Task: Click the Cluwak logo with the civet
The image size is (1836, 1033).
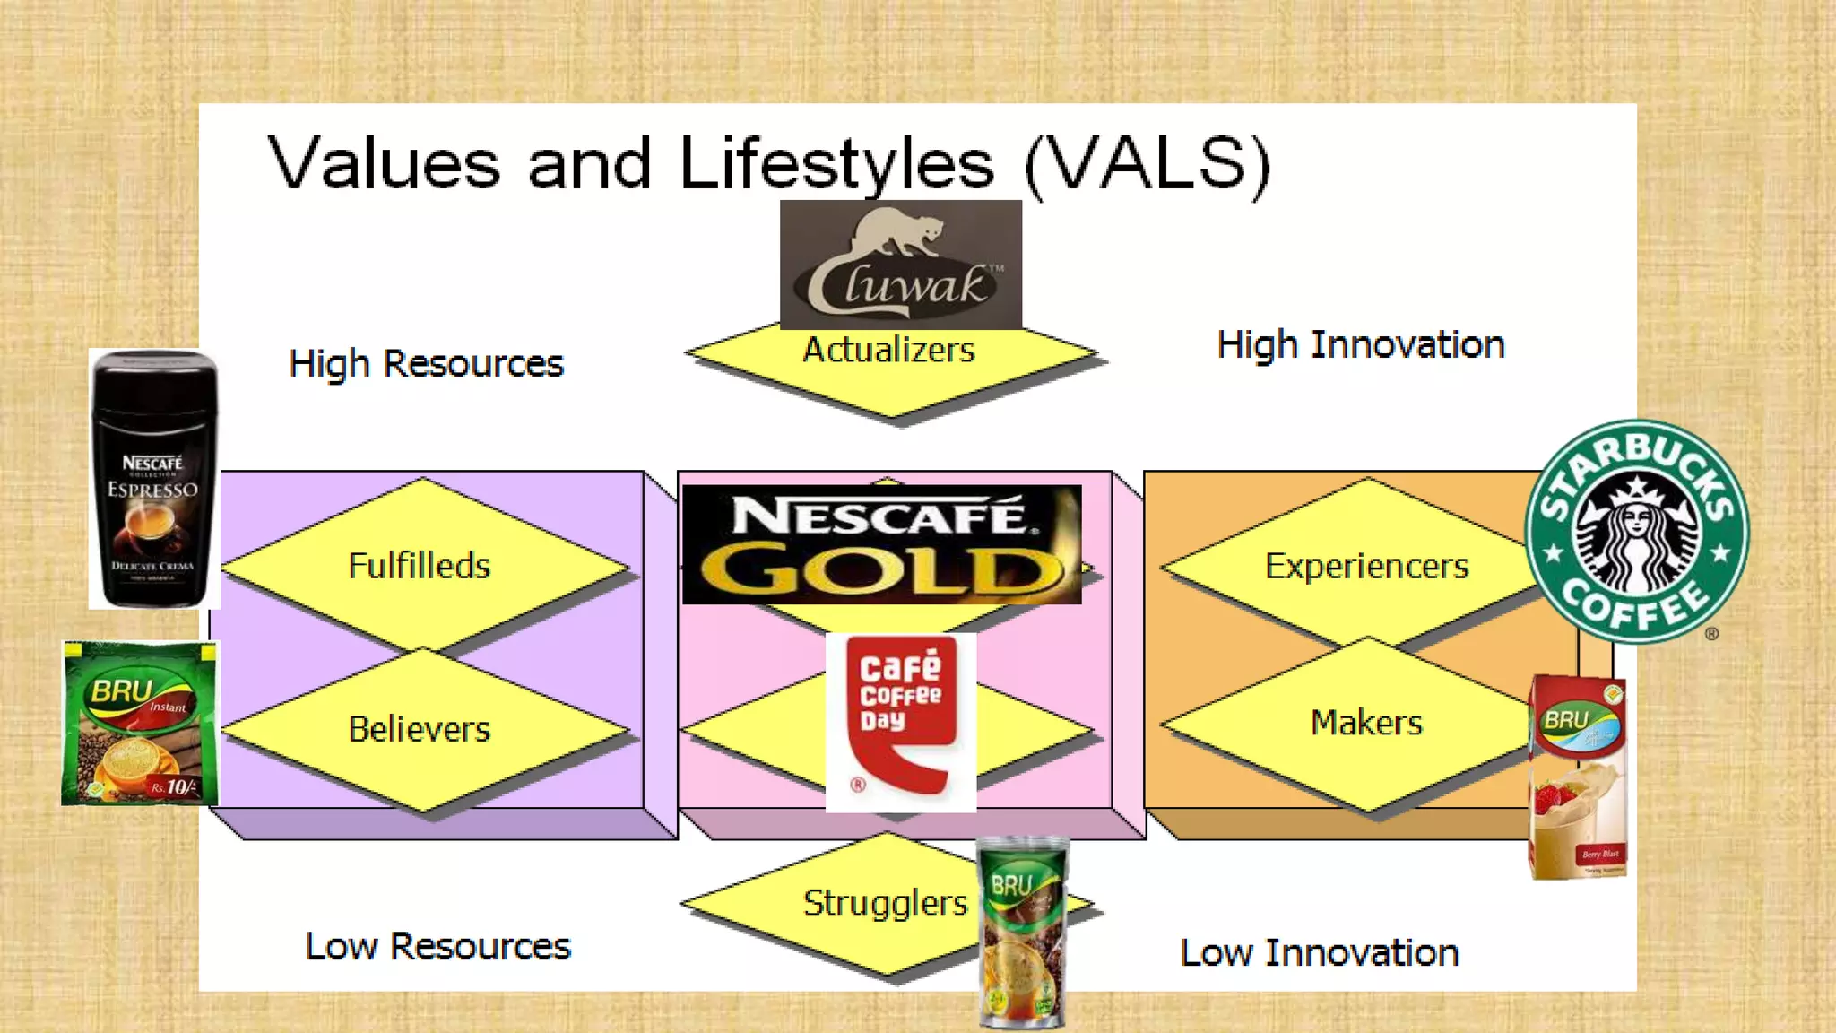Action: click(900, 265)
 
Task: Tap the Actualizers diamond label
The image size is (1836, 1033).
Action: click(888, 351)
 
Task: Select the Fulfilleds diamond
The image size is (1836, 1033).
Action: click(419, 566)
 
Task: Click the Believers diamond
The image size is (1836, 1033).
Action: click(419, 729)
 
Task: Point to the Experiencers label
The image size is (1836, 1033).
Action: click(1366, 566)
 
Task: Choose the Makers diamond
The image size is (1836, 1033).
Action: click(1366, 723)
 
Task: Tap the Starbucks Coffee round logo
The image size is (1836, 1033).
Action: click(1637, 531)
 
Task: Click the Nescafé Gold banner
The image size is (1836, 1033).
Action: click(881, 544)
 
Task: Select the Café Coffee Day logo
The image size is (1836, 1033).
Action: click(900, 722)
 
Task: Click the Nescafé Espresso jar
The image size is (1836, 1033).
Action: click(154, 480)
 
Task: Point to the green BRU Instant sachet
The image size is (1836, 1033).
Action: click(140, 723)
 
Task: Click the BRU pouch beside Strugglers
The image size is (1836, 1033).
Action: click(1022, 933)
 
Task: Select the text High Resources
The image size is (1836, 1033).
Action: click(426, 364)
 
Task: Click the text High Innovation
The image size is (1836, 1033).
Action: click(1360, 345)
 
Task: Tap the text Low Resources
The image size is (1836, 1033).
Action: click(437, 947)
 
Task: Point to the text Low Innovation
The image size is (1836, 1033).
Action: click(1319, 953)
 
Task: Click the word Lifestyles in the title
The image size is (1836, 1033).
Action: click(836, 164)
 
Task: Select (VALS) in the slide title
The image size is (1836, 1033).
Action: click(1147, 164)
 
